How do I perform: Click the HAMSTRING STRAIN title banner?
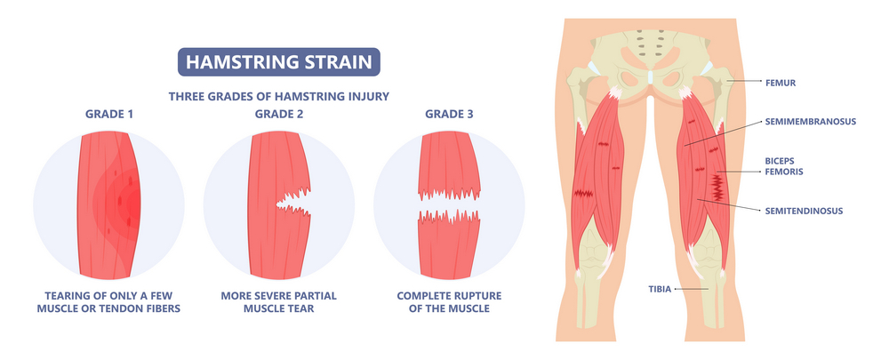280,62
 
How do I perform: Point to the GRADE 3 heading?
450,114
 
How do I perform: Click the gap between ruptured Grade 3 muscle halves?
451,205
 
